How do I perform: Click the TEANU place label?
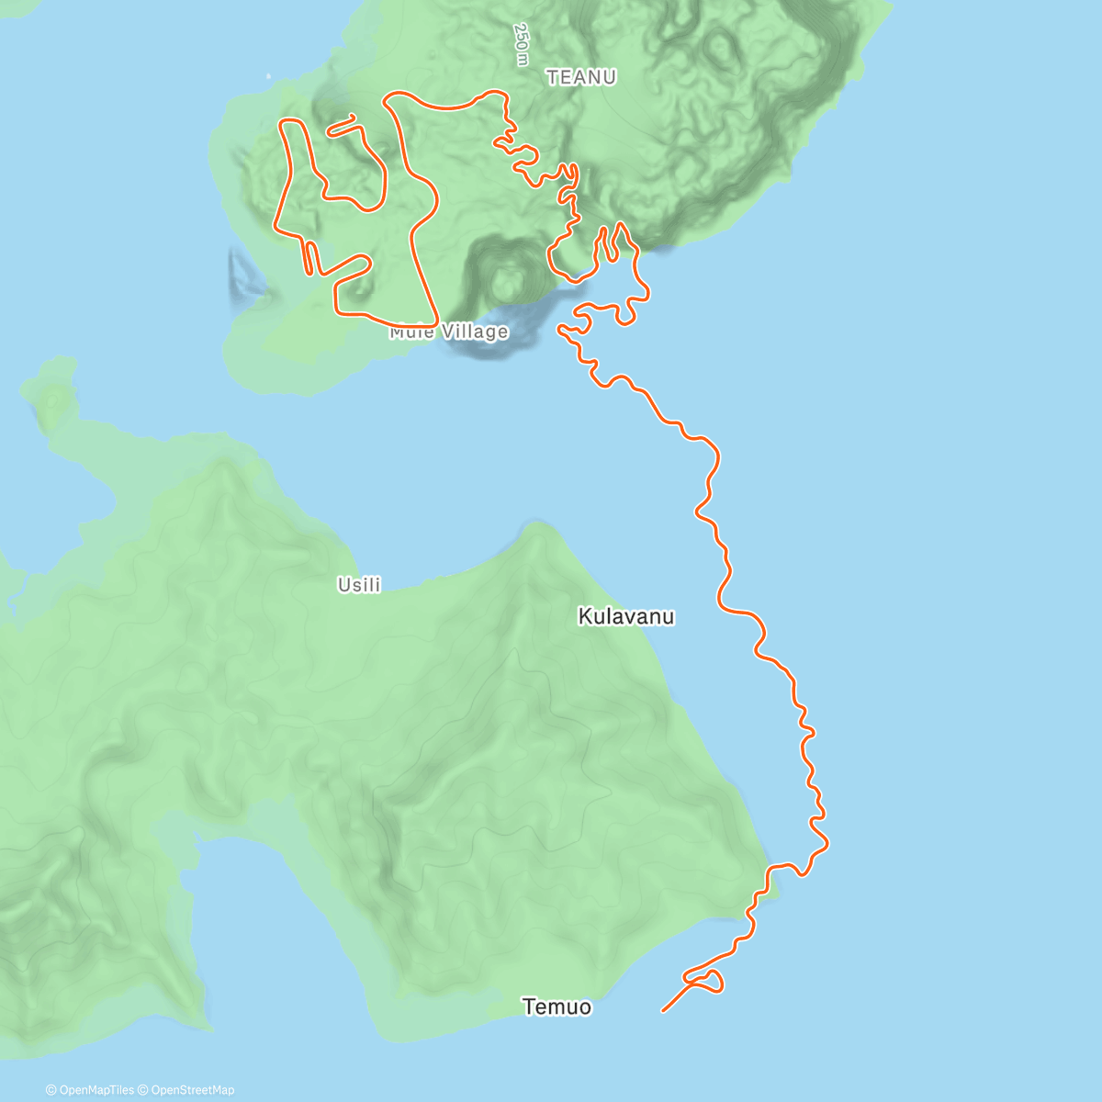pyautogui.click(x=581, y=78)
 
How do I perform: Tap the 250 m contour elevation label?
pyautogui.click(x=522, y=45)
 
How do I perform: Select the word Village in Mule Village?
pyautogui.click(x=474, y=332)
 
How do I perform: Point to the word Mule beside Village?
pyautogui.click(x=410, y=332)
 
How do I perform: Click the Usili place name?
pyautogui.click(x=359, y=585)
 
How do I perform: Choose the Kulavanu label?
pyautogui.click(x=626, y=617)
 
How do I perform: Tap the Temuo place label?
pyautogui.click(x=557, y=1007)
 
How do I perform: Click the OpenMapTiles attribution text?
pyautogui.click(x=96, y=1090)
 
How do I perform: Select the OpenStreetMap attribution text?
pyautogui.click(x=192, y=1090)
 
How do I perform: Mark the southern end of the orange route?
pyautogui.click(x=663, y=1011)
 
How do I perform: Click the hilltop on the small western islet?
pyautogui.click(x=53, y=399)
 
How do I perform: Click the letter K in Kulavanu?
pyautogui.click(x=584, y=617)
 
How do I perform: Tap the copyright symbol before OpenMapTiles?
pyautogui.click(x=51, y=1090)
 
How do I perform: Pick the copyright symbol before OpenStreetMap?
pyautogui.click(x=143, y=1090)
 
